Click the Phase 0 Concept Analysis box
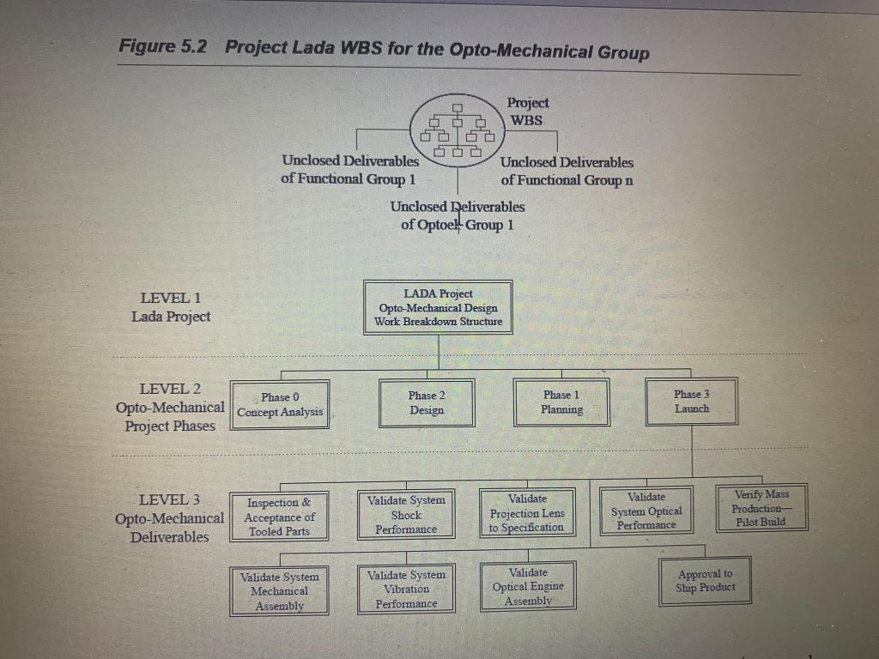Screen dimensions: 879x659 coord(280,405)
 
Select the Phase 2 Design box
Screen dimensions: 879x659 coord(427,403)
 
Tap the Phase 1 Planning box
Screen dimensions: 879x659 coord(561,402)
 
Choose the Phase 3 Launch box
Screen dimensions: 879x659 coord(691,402)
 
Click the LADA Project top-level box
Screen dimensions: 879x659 coord(438,308)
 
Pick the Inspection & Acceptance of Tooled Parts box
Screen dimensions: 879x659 coord(279,517)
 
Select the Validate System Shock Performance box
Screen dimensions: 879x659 coord(406,515)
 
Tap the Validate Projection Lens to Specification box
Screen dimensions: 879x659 coord(527,513)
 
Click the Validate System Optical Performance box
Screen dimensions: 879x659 coord(646,511)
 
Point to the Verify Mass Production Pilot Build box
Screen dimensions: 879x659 coord(762,508)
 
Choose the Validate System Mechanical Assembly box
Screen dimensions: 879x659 coord(279,591)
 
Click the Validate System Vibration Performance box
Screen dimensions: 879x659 coord(406,589)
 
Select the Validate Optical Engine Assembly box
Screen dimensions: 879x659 coord(528,586)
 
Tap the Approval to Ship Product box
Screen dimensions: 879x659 coord(705,581)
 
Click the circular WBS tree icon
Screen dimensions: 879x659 coord(458,130)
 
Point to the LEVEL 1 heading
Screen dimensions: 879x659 coord(171,298)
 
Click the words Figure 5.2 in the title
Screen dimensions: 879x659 coord(162,46)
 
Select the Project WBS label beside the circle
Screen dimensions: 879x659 coord(528,112)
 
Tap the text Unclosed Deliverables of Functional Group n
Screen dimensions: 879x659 coord(567,171)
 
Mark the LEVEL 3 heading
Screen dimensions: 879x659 coord(169,500)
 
